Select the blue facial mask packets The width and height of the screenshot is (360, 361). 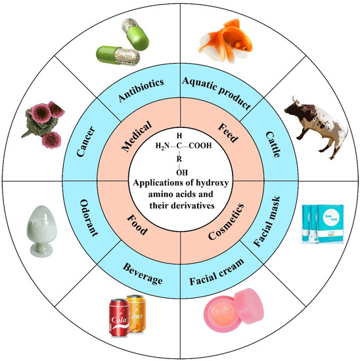[x=321, y=225]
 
